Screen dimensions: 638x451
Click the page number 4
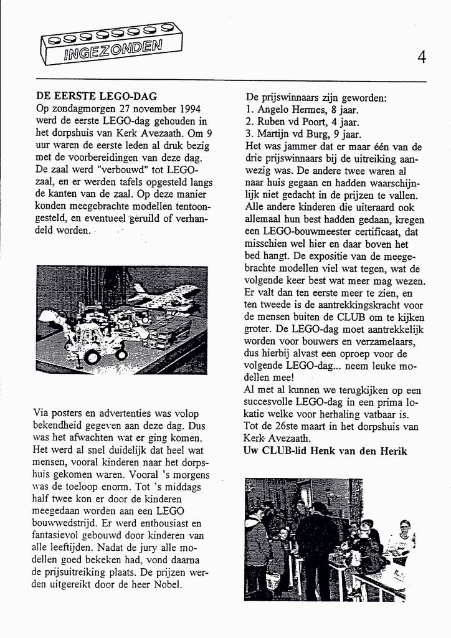point(422,58)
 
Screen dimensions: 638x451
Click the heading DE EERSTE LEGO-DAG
point(97,97)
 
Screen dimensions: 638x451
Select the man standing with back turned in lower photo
point(317,548)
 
